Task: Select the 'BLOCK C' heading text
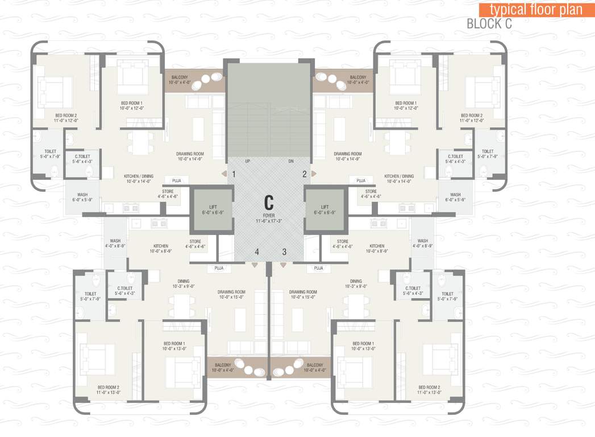tap(489, 24)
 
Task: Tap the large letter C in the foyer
tap(269, 202)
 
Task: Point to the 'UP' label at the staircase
tap(248, 162)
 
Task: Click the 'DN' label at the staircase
tap(290, 162)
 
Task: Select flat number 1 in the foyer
tap(234, 174)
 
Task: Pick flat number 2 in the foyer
tap(304, 174)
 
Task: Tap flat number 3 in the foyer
tap(284, 252)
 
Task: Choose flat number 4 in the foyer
tap(257, 252)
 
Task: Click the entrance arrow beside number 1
tap(224, 174)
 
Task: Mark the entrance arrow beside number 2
tap(314, 174)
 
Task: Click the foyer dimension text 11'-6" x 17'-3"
tap(269, 221)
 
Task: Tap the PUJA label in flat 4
tap(219, 268)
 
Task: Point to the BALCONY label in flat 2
tap(358, 77)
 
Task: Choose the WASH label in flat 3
tap(422, 241)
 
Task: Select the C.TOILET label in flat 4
tap(125, 288)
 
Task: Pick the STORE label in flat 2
tap(371, 192)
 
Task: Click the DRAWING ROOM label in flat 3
tap(303, 292)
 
